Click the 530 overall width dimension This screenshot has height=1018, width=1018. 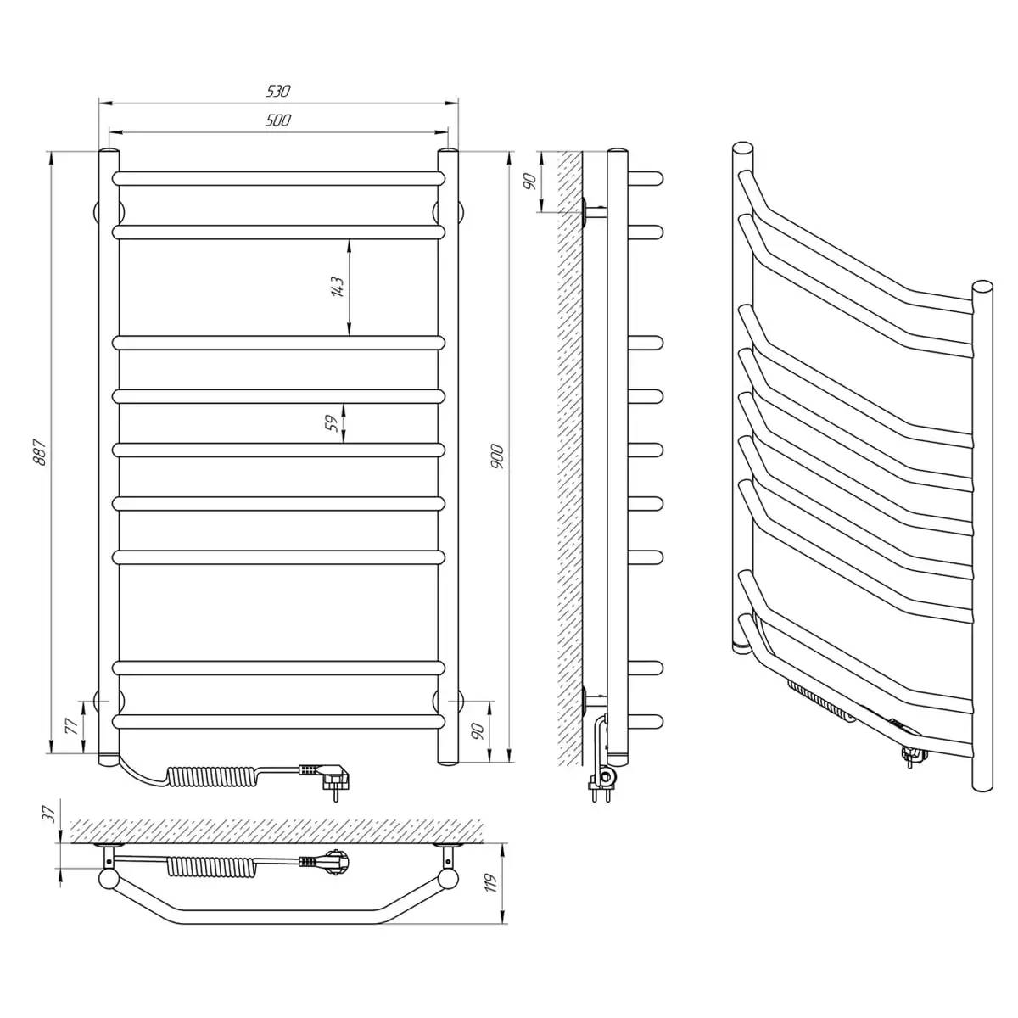point(278,92)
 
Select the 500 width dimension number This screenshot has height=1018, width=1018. point(278,120)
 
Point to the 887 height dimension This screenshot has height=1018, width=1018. point(41,452)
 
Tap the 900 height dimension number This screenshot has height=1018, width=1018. point(498,457)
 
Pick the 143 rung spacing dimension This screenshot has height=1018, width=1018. point(338,287)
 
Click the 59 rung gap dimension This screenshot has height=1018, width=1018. point(332,423)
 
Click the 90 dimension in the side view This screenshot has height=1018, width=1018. point(531,182)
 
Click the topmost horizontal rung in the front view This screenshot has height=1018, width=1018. point(278,178)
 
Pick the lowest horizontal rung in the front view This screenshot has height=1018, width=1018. point(278,722)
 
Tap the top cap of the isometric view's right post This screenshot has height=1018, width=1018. point(982,287)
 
